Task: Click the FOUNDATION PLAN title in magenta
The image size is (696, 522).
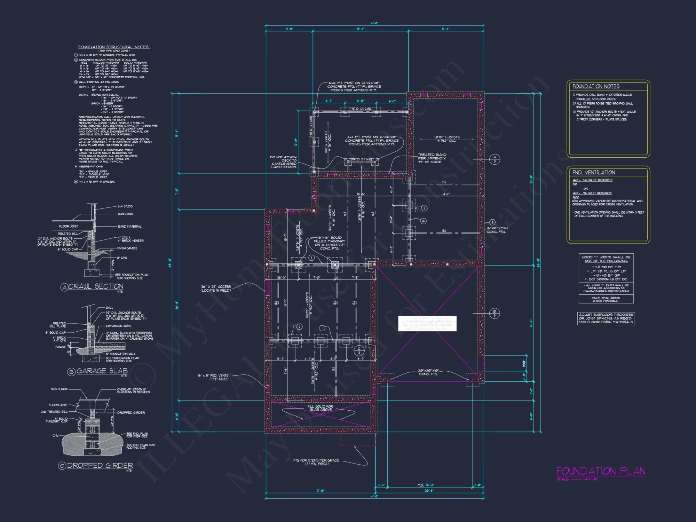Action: pos(601,471)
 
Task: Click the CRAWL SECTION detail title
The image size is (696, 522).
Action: pos(95,286)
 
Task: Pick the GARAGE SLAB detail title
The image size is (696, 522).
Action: pos(102,371)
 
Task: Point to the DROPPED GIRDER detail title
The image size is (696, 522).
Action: pos(100,466)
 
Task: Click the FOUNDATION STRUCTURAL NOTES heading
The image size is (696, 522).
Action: pos(114,47)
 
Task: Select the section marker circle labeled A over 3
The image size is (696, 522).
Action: pos(495,159)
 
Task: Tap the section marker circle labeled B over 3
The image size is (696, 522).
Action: pos(495,314)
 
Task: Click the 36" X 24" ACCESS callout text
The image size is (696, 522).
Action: pos(216,288)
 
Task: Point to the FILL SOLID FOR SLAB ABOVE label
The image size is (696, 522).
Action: pos(320,408)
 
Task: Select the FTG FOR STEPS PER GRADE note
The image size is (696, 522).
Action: pos(316,462)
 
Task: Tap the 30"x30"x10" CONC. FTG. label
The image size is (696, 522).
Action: pos(429,372)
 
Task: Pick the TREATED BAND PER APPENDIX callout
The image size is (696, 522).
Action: pos(432,158)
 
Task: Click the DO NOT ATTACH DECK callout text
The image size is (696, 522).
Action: pos(284,162)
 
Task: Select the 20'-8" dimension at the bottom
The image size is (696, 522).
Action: pos(429,491)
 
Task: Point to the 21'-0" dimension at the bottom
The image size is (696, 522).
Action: pos(321,491)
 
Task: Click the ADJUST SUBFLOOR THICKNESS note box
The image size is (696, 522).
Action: pos(606,318)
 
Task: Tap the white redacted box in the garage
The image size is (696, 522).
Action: pos(427,323)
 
